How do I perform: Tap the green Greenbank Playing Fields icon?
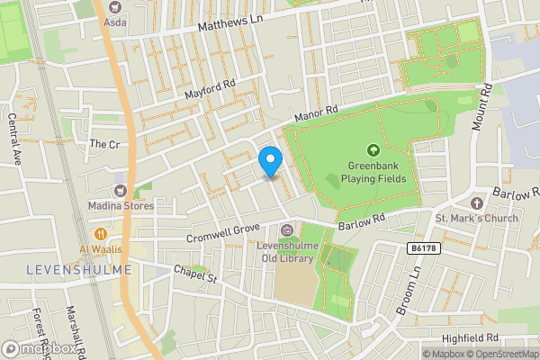[x=372, y=149]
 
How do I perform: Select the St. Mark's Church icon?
[x=476, y=204]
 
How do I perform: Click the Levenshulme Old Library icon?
[x=287, y=231]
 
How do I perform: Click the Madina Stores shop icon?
[x=120, y=190]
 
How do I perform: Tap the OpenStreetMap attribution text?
[x=500, y=354]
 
